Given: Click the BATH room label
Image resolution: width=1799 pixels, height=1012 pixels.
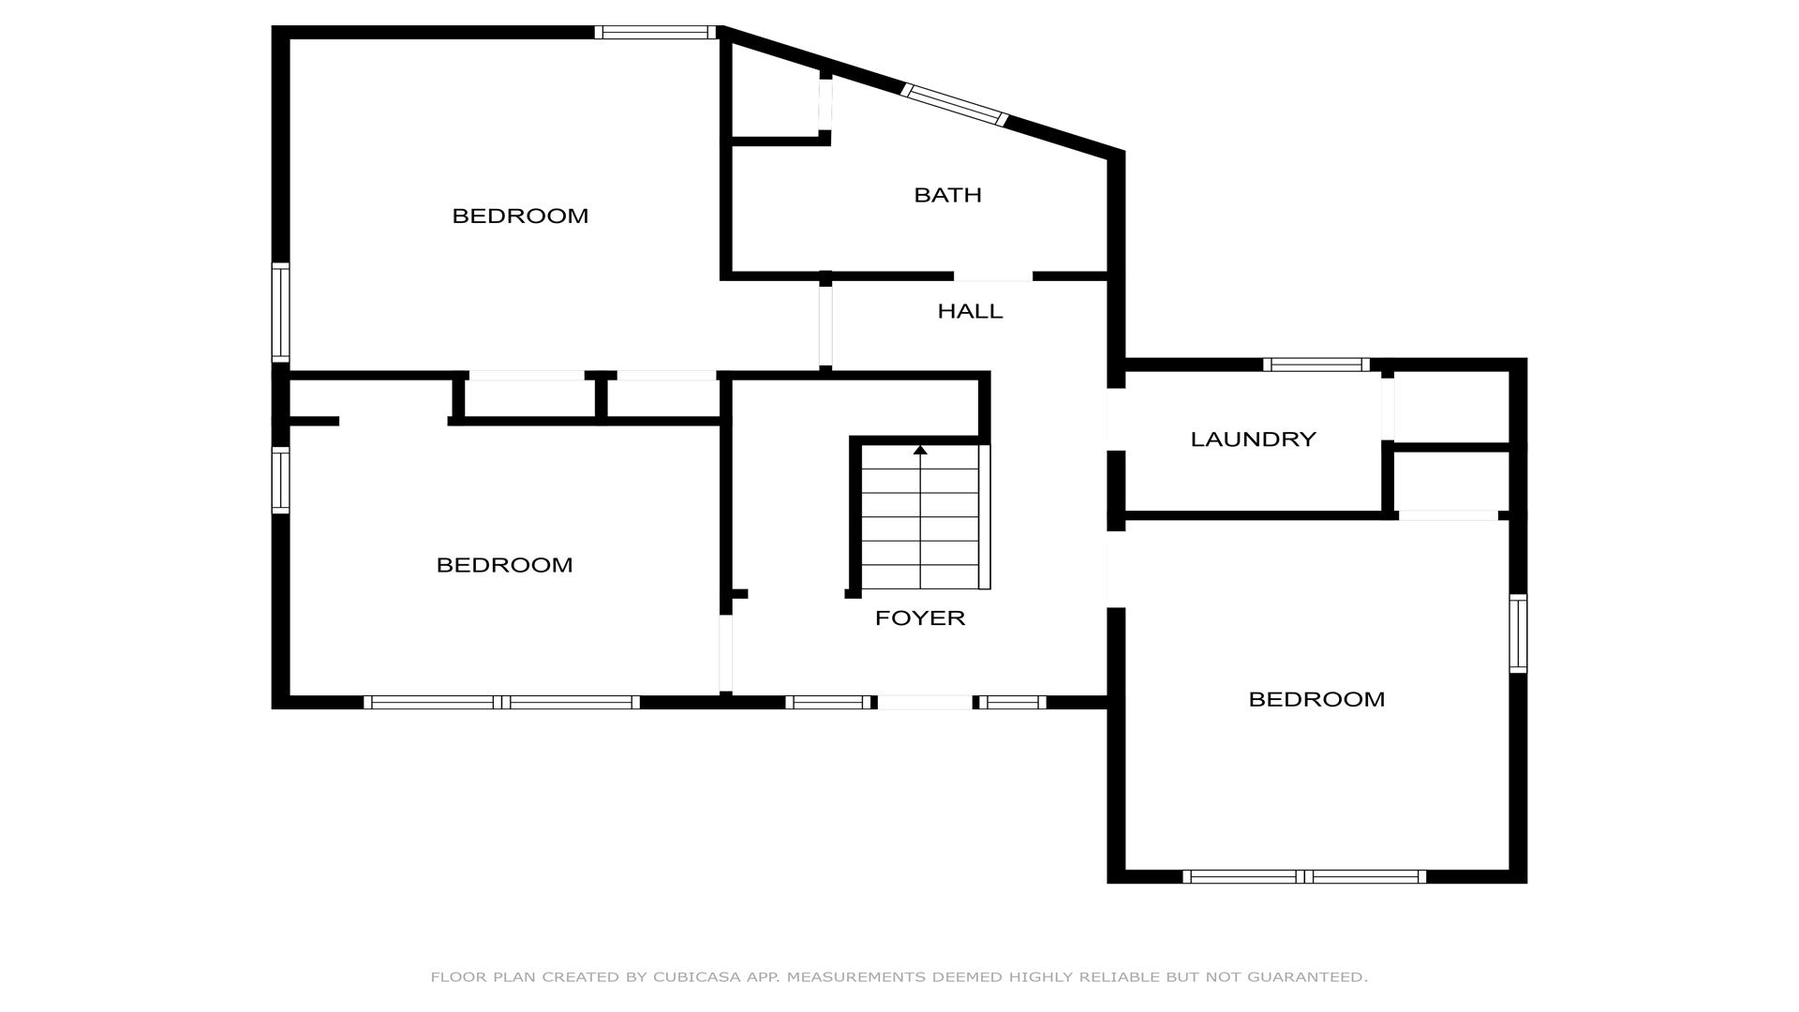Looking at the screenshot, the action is click(x=947, y=195).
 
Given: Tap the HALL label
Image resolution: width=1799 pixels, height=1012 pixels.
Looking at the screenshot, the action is click(x=970, y=311).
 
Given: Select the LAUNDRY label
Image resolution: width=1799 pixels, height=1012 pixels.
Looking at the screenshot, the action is click(x=1253, y=439).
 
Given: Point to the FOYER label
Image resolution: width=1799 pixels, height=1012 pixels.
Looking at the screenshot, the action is click(x=919, y=618).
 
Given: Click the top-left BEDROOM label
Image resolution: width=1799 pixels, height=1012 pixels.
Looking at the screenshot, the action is click(x=520, y=216).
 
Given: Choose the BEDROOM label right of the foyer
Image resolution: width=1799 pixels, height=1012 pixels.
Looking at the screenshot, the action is click(x=1316, y=699).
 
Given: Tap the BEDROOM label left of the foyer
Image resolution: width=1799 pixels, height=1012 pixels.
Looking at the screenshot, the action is click(x=504, y=565).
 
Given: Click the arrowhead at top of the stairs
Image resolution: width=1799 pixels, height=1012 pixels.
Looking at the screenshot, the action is click(x=920, y=450).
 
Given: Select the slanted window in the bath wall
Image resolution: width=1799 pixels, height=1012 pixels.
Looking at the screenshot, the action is click(x=954, y=105).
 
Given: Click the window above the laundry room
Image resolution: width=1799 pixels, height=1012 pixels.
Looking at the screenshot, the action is click(x=1316, y=365).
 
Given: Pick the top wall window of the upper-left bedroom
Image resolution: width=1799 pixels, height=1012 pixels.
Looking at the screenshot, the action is click(x=655, y=33).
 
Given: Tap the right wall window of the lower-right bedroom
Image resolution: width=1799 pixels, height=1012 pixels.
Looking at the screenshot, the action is click(x=1518, y=633).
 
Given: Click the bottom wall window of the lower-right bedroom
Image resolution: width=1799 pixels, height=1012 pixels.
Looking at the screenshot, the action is click(x=1304, y=877).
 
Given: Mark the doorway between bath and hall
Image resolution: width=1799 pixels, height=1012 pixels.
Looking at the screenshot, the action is click(x=993, y=276).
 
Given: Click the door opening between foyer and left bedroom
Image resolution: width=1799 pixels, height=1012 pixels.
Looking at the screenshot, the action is click(x=726, y=653).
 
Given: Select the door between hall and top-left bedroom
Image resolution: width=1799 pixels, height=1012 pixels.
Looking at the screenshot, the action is click(x=825, y=325).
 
